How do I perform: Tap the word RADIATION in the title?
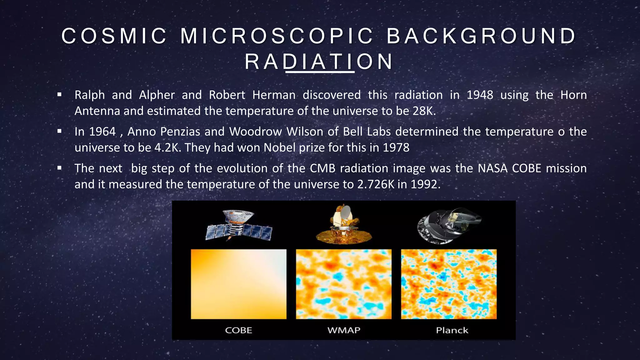tap(319, 62)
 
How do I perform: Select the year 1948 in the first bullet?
tap(480, 95)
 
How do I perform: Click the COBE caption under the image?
tap(238, 330)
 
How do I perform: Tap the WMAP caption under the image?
tap(344, 330)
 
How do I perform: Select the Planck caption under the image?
tap(452, 330)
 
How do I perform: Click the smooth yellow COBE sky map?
tap(238, 284)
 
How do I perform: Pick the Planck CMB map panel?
tap(449, 284)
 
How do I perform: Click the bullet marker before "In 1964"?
tap(59, 131)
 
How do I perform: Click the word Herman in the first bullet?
tap(274, 95)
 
